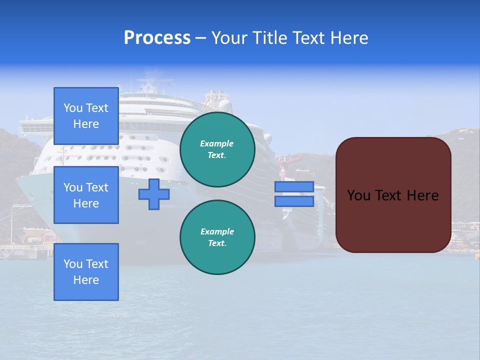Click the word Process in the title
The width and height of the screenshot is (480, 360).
[157, 38]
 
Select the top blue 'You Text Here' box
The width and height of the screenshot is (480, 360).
[86, 116]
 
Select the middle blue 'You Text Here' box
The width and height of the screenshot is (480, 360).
[86, 195]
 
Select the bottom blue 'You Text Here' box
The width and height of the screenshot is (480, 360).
[86, 271]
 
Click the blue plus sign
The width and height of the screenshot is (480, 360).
[153, 194]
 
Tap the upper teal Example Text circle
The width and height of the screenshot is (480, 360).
[217, 149]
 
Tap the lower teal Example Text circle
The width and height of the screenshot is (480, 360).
[217, 237]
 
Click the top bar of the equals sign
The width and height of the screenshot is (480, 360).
[294, 187]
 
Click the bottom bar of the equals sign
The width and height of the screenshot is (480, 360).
[294, 201]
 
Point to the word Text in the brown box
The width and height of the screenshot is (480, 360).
[388, 195]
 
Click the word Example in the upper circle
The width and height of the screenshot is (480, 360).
[216, 143]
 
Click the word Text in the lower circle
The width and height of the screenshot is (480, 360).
[217, 243]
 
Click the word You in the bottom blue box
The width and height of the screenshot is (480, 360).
[73, 264]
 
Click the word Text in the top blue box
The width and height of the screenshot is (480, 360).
[97, 108]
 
